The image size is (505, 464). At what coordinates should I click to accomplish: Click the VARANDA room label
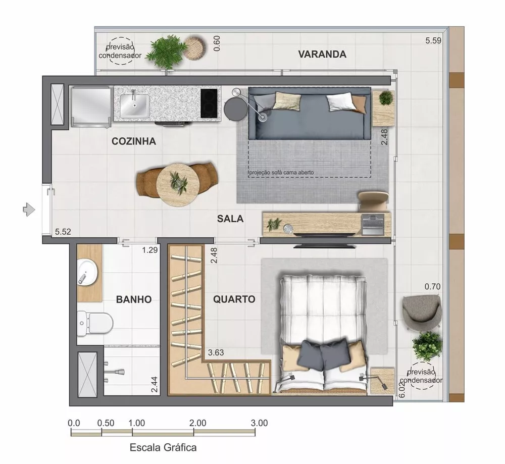point(322,54)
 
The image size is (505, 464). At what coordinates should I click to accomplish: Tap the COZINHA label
point(133,142)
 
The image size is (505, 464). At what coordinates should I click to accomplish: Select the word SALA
point(230,219)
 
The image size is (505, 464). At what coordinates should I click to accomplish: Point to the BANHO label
point(134,299)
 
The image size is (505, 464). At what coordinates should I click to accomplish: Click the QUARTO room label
point(234,299)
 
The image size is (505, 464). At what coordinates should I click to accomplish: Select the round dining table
point(177,184)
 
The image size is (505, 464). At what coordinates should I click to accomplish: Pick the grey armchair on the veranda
point(422,309)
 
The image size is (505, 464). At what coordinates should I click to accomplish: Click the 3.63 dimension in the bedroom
point(216,353)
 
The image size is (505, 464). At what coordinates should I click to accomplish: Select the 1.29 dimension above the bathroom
point(150,249)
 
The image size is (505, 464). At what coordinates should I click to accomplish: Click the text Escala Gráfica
point(163,447)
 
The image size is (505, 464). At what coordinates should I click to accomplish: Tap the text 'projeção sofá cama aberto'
point(281,173)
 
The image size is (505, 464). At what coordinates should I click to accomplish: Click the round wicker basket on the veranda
point(194,48)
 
